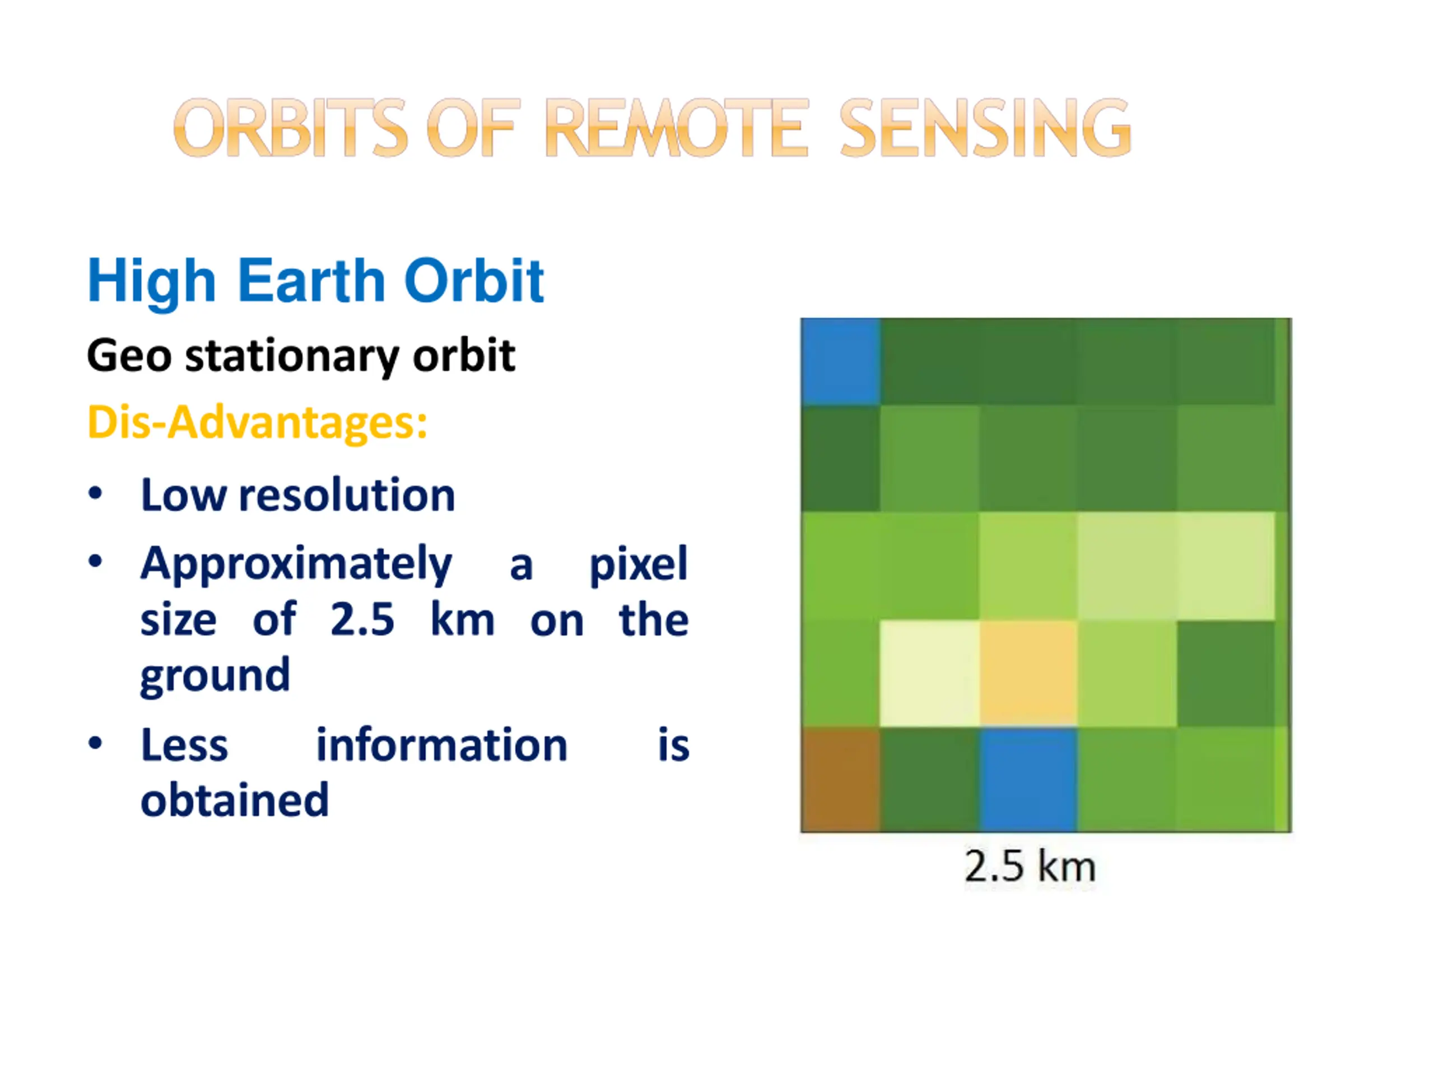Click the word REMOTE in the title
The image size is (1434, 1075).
677,128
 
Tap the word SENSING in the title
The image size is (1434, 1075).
985,128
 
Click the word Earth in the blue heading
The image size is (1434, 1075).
311,280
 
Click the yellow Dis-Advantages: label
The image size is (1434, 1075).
257,423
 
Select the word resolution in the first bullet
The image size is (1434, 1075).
347,496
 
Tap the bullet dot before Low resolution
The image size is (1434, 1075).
95,494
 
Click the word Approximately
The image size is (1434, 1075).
296,565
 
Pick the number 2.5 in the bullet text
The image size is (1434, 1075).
362,619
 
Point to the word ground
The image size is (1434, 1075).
215,676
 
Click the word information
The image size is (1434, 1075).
441,745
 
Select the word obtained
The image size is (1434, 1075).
235,800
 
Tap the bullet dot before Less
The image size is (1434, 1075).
95,743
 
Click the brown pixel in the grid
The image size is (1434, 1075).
841,779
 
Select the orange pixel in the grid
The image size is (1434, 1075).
1029,673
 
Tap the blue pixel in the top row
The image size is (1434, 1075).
841,362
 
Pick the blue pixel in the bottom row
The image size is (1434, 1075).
1029,779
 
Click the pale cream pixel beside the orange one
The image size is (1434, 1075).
930,673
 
